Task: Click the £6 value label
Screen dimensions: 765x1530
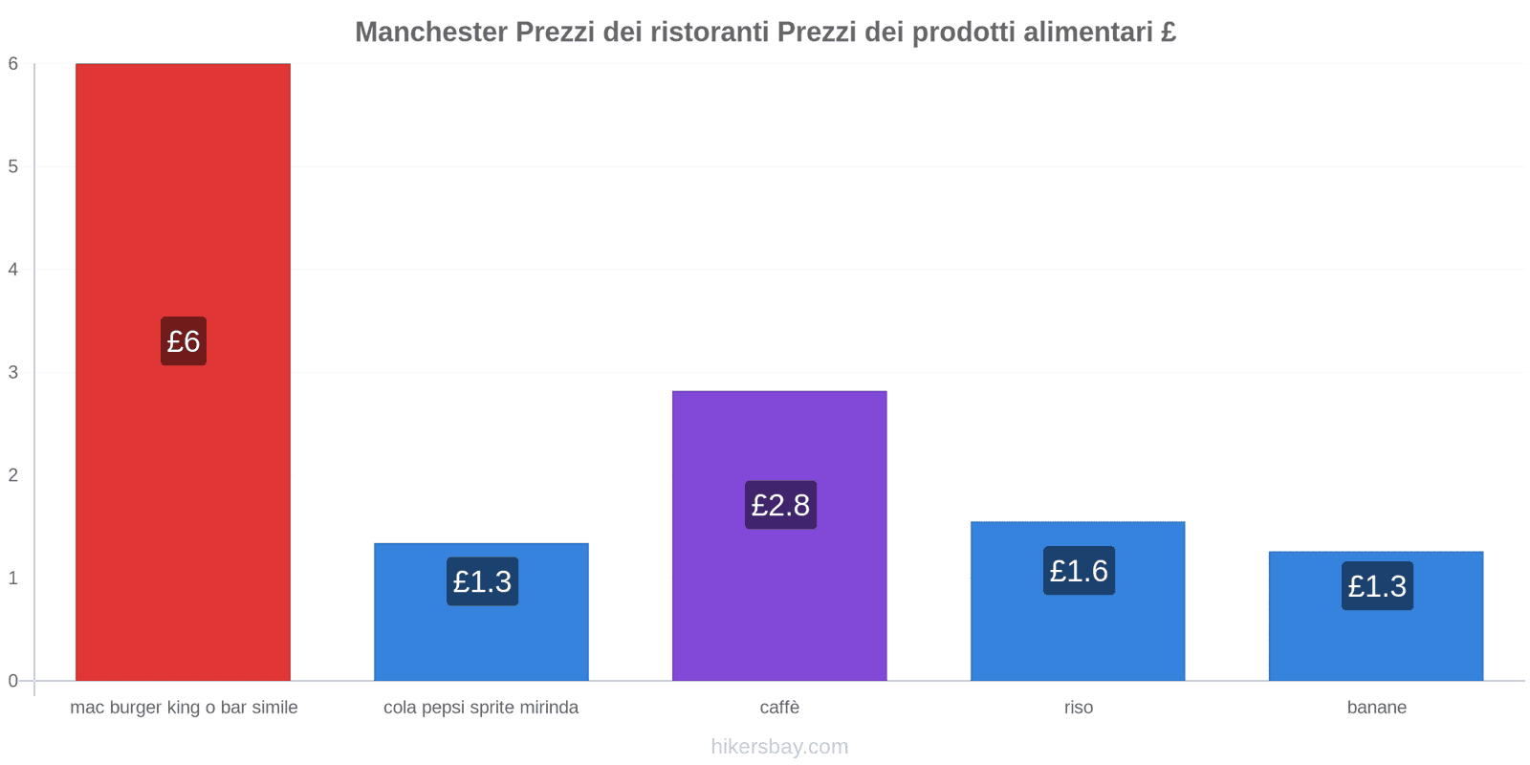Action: [x=184, y=341]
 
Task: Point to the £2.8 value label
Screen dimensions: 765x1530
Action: [x=780, y=505]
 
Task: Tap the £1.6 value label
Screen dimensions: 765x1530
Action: [x=1079, y=571]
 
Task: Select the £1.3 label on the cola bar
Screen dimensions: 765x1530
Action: [x=482, y=581]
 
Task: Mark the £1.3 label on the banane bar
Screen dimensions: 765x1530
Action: [x=1377, y=586]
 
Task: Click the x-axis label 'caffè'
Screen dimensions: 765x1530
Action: [x=779, y=708]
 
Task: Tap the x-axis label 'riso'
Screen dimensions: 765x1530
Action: [x=1079, y=708]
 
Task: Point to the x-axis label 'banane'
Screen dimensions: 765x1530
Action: [x=1377, y=708]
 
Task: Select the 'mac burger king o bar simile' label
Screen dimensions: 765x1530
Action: [x=184, y=708]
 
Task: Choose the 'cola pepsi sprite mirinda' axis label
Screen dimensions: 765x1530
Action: [x=481, y=708]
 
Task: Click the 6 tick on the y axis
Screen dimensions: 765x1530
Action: [x=13, y=64]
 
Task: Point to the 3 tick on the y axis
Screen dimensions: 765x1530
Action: [x=13, y=372]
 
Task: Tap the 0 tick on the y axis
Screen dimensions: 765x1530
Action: [x=13, y=681]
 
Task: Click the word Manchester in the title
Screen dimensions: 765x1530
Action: [x=431, y=33]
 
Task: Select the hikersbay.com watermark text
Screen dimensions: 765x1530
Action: [x=779, y=747]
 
